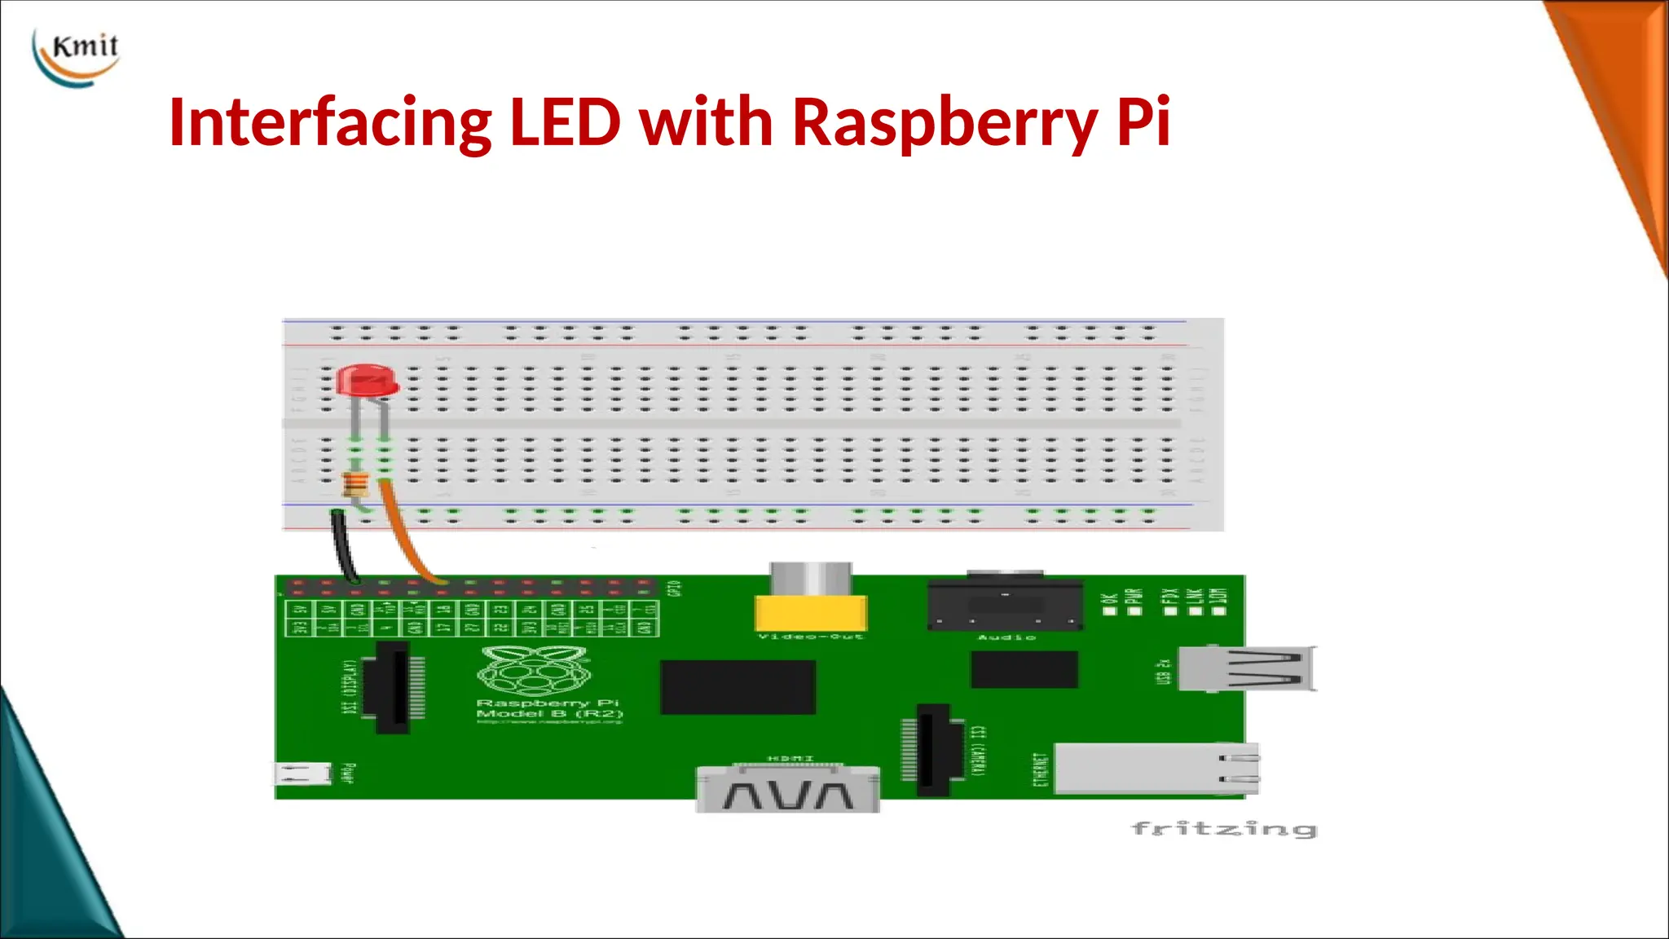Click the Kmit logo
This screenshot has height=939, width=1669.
click(77, 55)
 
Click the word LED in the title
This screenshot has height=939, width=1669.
click(565, 122)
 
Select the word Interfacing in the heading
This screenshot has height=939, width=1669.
click(329, 122)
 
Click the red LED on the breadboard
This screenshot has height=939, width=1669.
click(368, 381)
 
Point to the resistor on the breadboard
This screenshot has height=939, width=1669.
click(355, 485)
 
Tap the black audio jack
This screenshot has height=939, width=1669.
click(1005, 603)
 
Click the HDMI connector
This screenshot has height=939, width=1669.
click(787, 789)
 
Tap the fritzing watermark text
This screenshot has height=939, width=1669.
click(1224, 829)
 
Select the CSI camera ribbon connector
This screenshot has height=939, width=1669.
click(934, 749)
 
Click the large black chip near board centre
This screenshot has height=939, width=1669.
click(738, 687)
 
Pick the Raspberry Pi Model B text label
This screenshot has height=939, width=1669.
click(548, 708)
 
